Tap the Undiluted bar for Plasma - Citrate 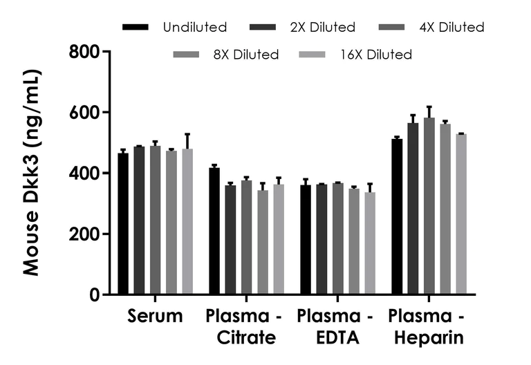pos(214,231)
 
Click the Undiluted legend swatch pos(136,28)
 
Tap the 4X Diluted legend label pos(453,28)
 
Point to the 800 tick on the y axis pos(104,52)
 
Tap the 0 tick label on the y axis pos(95,294)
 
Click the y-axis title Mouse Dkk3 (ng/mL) pos(31,173)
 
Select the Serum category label pos(156,317)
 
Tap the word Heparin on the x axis pos(426,338)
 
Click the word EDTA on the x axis pos(336,338)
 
